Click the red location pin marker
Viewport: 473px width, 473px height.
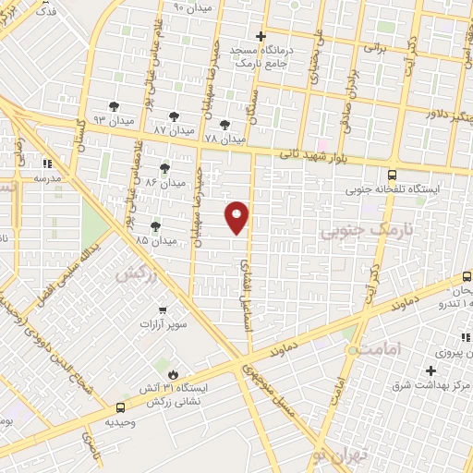point(237,216)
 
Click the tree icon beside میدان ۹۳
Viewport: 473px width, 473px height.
point(114,107)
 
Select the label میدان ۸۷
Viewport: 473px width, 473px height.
point(174,131)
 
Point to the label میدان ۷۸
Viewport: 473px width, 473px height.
point(224,139)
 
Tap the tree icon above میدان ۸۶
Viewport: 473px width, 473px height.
point(164,167)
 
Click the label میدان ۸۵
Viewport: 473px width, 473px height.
point(155,240)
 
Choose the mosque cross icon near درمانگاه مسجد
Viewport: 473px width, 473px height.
point(261,38)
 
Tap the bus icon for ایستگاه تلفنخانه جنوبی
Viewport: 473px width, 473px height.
point(393,174)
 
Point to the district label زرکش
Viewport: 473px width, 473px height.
point(134,273)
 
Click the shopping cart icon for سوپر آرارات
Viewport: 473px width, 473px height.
point(163,309)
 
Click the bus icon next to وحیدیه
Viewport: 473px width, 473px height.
point(121,406)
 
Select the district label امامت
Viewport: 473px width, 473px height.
point(380,348)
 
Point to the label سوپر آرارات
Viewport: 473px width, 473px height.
point(163,325)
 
